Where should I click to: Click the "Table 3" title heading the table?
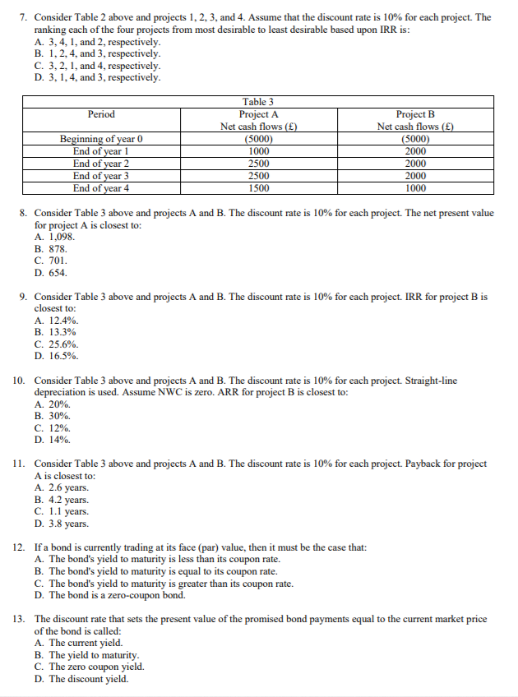259,102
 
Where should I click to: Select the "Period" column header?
101,114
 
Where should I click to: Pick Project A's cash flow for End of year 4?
259,188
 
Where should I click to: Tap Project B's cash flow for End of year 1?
415,151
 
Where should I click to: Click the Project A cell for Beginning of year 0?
259,139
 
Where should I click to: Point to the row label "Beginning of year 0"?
101,139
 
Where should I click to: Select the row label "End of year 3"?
101,176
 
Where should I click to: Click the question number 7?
23,17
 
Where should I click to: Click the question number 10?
21,381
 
